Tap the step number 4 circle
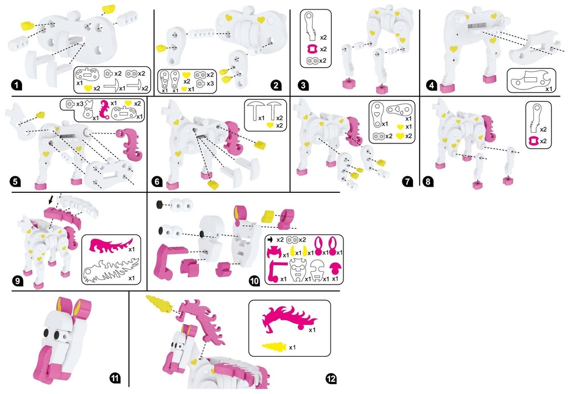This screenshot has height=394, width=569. [x=431, y=86]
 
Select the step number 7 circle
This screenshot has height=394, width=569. [x=408, y=181]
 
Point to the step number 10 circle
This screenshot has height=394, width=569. [x=254, y=281]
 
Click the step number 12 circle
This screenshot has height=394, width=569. [x=331, y=379]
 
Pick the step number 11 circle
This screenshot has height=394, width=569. [x=114, y=379]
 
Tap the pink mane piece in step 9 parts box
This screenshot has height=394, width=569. [x=111, y=245]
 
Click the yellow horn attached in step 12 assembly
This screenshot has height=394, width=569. [x=160, y=303]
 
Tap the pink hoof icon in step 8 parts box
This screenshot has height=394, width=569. [x=533, y=141]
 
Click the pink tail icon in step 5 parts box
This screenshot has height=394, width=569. [x=105, y=109]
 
